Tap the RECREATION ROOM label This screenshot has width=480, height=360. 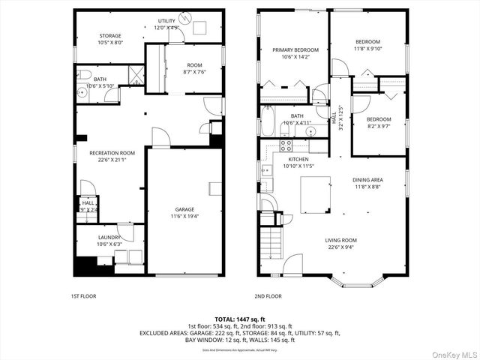click(112, 153)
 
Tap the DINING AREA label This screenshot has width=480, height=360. click(367, 180)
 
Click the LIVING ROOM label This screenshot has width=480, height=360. click(340, 241)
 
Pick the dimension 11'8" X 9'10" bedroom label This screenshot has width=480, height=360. click(367, 41)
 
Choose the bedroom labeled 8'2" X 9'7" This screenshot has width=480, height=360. click(379, 119)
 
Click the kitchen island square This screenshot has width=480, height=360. click(316, 193)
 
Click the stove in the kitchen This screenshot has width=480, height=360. click(285, 144)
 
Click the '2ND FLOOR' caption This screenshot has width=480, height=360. click(268, 296)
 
